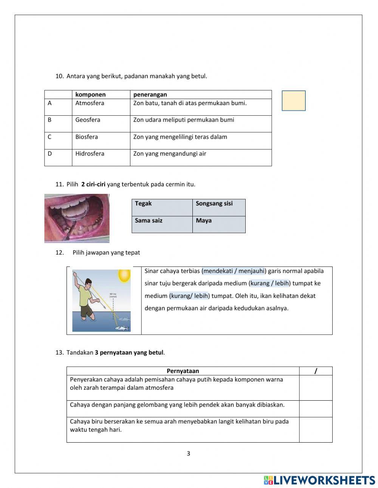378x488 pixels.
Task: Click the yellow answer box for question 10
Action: pos(293,101)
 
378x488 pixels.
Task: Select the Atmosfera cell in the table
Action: pos(90,103)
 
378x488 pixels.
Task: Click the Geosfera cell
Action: pos(88,120)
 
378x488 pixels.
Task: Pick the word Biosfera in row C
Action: pos(87,137)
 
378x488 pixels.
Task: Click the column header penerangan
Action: pos(150,95)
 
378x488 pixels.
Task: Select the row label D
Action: pos(50,153)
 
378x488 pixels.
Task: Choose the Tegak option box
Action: pos(162,207)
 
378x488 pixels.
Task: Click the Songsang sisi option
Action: pos(218,207)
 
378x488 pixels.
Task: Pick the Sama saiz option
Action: pos(162,224)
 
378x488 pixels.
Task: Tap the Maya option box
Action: pos(218,224)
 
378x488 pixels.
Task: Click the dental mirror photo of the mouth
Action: pos(77,218)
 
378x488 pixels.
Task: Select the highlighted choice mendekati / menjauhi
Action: pos(234,271)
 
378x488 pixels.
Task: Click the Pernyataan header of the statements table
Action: pos(183,371)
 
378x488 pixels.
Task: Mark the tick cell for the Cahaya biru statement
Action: pos(316,429)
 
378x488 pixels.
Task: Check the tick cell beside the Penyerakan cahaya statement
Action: pos(316,387)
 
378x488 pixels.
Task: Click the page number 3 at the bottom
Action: pos(188,454)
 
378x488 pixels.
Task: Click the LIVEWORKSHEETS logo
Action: pos(319,480)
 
